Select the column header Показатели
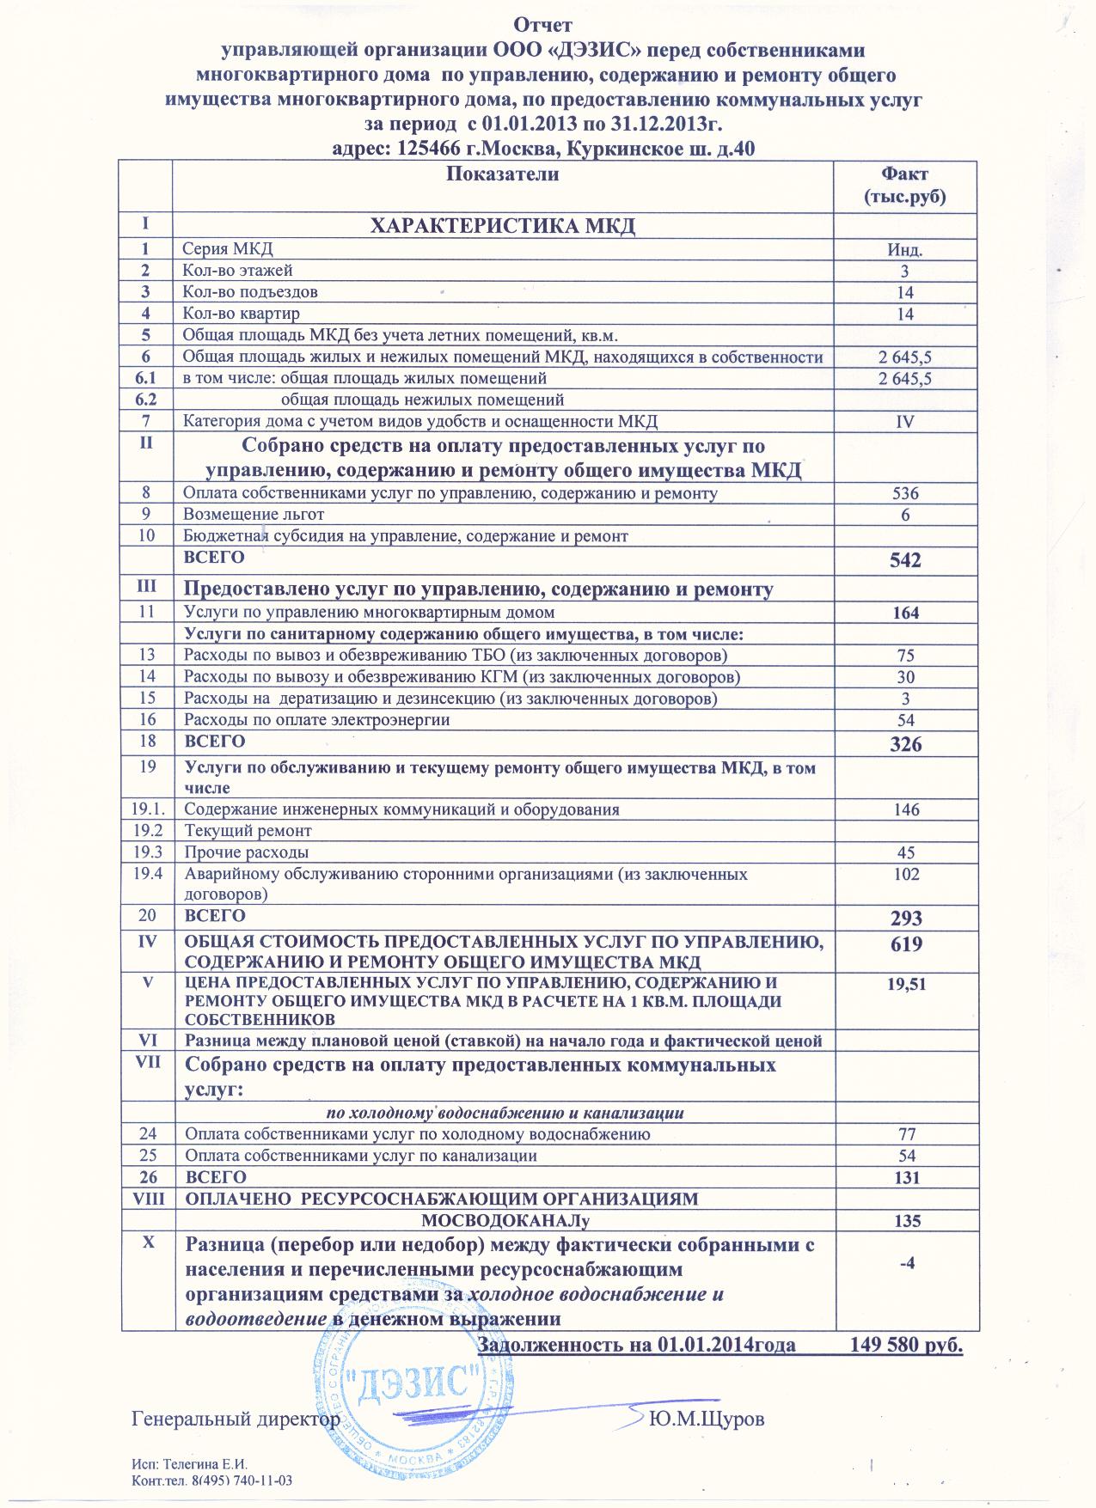503,174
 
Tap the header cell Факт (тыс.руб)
905,186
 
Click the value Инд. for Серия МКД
905,250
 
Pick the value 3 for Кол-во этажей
905,272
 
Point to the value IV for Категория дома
905,422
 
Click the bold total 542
906,561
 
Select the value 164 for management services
905,613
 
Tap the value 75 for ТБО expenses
905,656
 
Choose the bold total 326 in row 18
906,744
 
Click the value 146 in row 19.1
905,809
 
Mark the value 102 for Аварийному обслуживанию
905,874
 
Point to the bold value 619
906,944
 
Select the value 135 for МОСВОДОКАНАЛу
906,1221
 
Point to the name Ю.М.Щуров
707,1418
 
